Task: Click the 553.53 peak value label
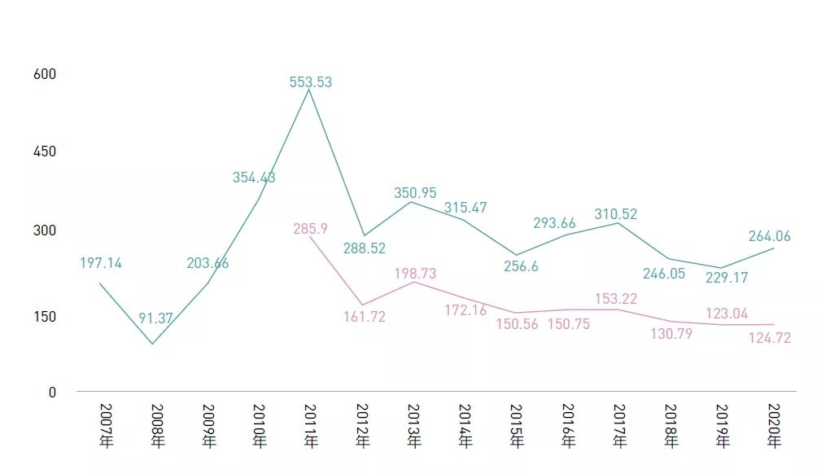coord(310,82)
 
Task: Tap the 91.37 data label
coord(155,318)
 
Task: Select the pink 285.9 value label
coord(310,229)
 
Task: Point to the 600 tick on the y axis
coord(45,74)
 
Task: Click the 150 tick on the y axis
coord(45,316)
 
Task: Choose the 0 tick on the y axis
coord(52,392)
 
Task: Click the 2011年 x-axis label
coord(311,426)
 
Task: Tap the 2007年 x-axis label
coord(106,426)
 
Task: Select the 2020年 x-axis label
coord(774,426)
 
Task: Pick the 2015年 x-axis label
coord(516,426)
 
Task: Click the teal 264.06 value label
coord(769,236)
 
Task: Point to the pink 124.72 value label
coord(769,338)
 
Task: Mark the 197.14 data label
coord(101,263)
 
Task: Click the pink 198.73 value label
coord(415,273)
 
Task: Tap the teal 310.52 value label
coord(616,214)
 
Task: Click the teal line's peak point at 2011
coord(310,90)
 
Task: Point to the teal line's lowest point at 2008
coord(152,344)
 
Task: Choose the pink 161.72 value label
coord(364,317)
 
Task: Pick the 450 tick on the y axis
coord(45,151)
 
